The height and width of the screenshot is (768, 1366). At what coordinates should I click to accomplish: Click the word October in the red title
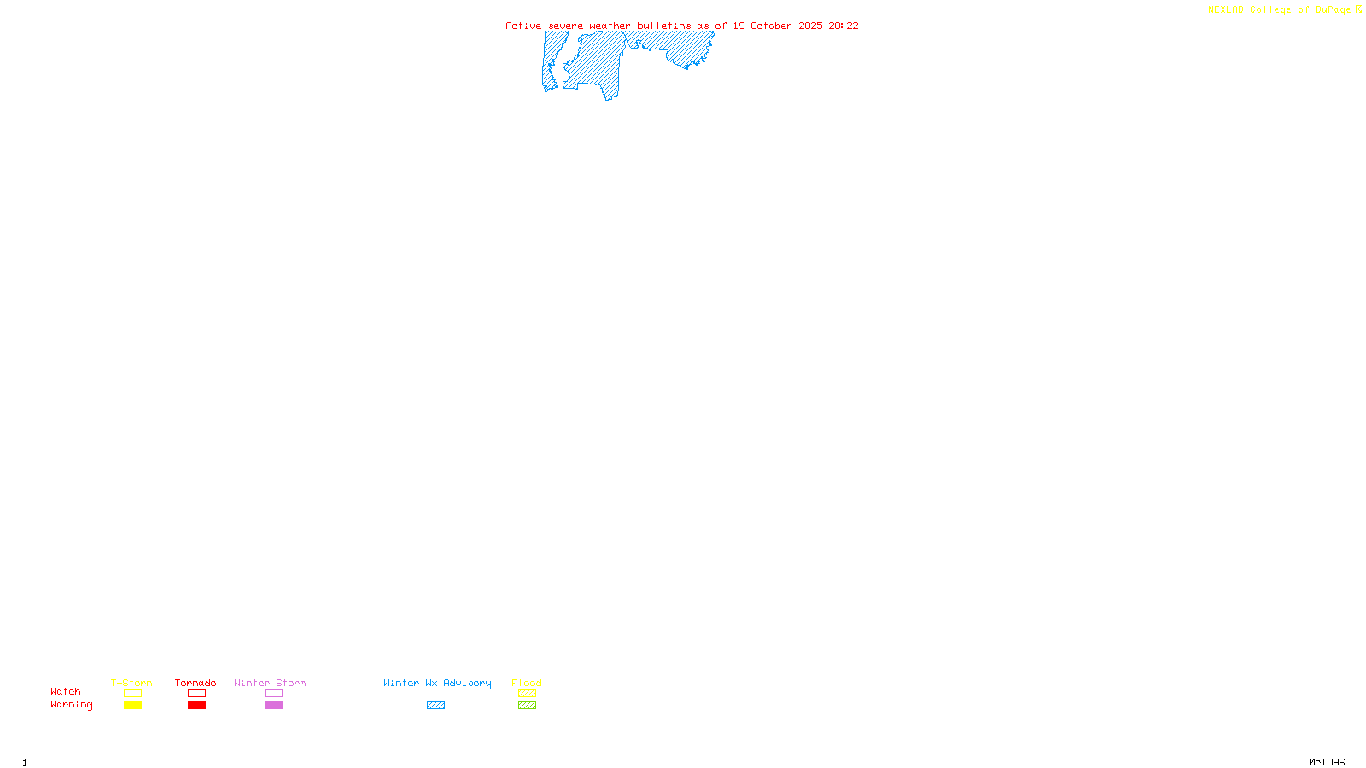pos(771,26)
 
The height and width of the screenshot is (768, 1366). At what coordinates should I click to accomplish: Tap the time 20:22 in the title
pos(843,26)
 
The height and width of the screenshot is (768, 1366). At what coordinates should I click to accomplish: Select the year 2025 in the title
pos(810,26)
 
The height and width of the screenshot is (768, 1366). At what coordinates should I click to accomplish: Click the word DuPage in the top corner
pos(1333,10)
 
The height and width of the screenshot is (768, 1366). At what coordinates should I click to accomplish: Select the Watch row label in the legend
pos(66,691)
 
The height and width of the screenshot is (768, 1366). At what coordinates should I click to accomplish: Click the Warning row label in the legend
pos(71,705)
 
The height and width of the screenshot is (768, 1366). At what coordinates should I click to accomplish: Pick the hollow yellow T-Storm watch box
pos(132,694)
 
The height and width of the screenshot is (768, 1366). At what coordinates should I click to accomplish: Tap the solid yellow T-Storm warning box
pos(132,706)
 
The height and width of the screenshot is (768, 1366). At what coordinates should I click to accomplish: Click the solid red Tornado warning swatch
pos(196,706)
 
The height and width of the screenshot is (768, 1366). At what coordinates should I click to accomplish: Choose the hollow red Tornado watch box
pos(196,694)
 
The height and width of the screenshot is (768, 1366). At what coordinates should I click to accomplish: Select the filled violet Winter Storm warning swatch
pos(273,706)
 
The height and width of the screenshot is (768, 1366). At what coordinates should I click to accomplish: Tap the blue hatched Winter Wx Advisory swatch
pos(435,706)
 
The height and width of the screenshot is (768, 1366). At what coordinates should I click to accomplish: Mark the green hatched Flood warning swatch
pos(527,706)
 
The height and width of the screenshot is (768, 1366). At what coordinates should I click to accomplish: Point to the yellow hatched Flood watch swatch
pos(527,694)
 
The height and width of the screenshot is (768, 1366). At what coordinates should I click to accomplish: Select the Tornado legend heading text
pos(196,683)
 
